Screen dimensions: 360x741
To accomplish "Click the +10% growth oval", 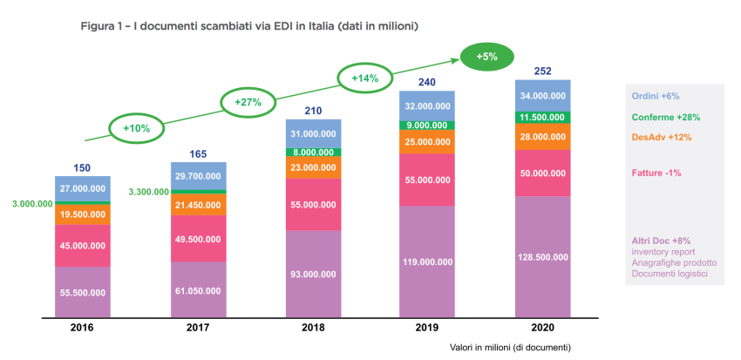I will pyautogui.click(x=137, y=128).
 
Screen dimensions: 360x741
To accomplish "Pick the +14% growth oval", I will pyautogui.click(x=364, y=78).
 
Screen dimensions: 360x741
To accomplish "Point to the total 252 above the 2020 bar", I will pyautogui.click(x=541, y=70).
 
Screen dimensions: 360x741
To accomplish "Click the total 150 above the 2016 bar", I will pyautogui.click(x=82, y=167).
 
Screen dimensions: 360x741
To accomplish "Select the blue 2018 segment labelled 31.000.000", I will pyautogui.click(x=314, y=133).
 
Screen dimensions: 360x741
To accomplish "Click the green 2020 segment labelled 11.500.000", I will pyautogui.click(x=541, y=117).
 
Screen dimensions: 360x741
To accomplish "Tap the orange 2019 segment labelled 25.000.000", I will pyautogui.click(x=427, y=142).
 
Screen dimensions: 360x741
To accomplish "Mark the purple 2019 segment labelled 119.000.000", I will pyautogui.click(x=427, y=261).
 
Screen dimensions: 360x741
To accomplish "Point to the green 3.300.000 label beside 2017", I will pyautogui.click(x=147, y=192).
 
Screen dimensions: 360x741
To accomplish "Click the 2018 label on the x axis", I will pyautogui.click(x=314, y=328).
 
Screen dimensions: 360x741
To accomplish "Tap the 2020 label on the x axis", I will pyautogui.click(x=541, y=328).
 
